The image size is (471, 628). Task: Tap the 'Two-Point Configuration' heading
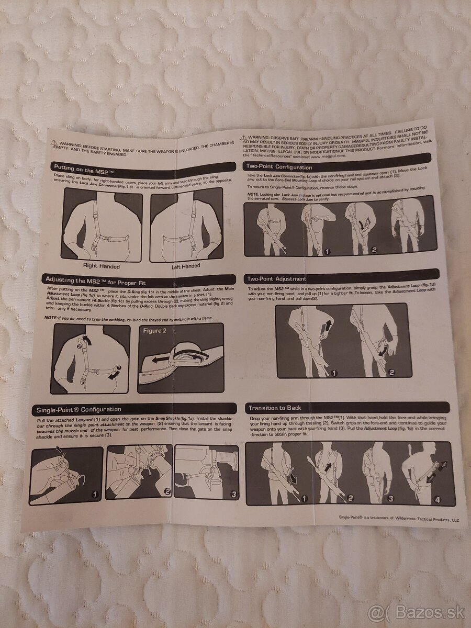pos(279,167)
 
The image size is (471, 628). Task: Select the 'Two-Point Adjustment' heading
pos(277,279)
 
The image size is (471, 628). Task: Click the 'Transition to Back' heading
pos(275,408)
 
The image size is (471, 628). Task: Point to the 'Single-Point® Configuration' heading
pos(78,409)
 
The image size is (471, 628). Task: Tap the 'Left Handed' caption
pos(186,266)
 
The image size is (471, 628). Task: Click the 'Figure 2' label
pos(155,331)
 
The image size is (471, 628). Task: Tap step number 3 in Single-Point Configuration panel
pos(233,493)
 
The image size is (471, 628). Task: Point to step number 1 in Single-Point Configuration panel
pos(95,493)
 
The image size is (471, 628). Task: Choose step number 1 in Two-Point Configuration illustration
pos(327,251)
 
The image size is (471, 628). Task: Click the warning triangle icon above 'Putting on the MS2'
pos(54,143)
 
